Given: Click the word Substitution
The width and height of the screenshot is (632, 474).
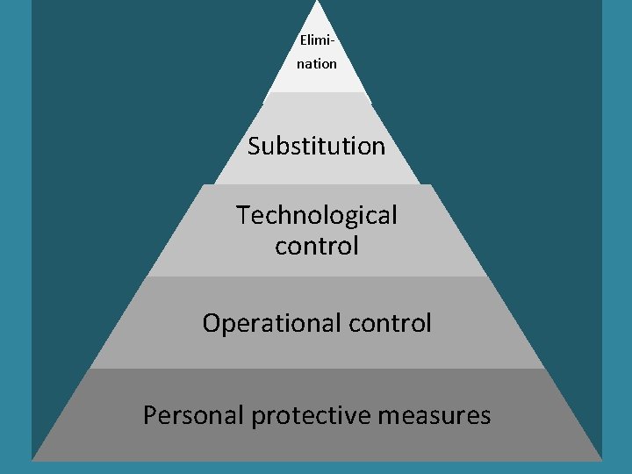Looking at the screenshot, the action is [316, 146].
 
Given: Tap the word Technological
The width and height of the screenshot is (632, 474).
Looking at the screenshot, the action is [316, 215].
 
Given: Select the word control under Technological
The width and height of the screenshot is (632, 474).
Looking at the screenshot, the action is [316, 246].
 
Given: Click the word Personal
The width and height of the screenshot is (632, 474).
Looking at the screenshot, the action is [193, 415].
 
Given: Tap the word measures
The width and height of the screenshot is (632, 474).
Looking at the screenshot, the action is [434, 415].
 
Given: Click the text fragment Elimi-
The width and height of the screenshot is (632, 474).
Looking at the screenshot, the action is [316, 40].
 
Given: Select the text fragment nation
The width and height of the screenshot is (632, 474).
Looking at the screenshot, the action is [316, 63].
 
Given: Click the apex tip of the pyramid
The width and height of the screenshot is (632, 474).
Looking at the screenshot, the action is [316, 3].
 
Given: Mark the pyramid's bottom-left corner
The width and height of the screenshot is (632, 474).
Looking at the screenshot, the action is [32, 459].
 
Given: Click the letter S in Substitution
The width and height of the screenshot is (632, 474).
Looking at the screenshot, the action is [255, 146].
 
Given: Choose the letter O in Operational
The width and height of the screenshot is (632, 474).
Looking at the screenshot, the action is [211, 324].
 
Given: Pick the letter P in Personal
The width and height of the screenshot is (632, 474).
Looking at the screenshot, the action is [150, 415].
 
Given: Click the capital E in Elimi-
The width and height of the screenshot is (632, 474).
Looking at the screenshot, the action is [303, 40].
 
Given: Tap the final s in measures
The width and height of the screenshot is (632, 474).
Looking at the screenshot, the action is [485, 416].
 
